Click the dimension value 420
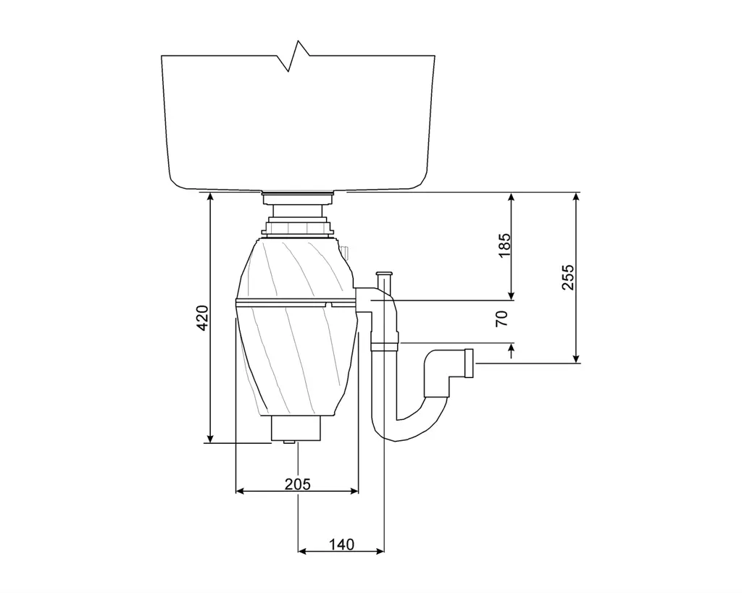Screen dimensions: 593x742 204,318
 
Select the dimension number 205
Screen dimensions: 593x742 297,484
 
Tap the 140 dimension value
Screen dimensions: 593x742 341,544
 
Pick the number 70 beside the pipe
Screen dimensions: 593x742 502,317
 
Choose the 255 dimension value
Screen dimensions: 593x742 568,277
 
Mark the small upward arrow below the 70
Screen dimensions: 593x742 512,351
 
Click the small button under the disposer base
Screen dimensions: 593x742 289,441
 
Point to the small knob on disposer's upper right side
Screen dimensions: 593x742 346,252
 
